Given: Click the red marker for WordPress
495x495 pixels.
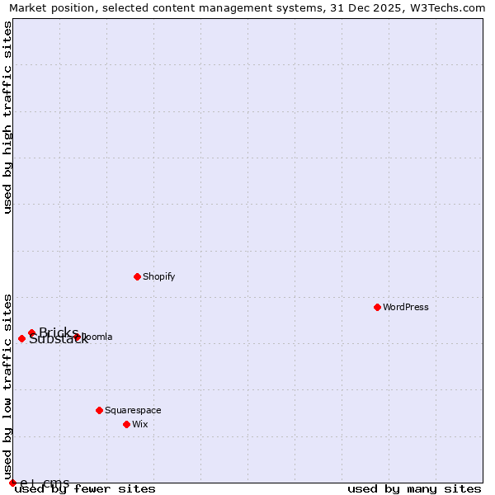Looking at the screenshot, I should [377, 307].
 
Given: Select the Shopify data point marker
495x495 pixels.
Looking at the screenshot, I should [137, 276].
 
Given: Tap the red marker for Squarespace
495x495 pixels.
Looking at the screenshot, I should [99, 410].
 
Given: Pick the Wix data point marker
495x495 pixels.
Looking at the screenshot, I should [126, 424].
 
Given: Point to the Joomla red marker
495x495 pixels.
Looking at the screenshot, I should [78, 337].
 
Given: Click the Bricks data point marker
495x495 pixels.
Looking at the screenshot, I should [31, 332].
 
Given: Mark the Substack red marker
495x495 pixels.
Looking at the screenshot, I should [21, 338].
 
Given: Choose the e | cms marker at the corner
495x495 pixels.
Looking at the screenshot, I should [12, 483].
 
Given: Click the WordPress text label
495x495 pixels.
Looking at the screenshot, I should [406, 307].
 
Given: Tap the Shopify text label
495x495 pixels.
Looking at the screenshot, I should [159, 276].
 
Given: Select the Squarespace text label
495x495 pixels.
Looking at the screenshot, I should [133, 410].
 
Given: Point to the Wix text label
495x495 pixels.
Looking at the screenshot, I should [140, 424].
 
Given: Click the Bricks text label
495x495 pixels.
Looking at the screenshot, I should [59, 332].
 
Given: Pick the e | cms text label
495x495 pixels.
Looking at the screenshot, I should [45, 483].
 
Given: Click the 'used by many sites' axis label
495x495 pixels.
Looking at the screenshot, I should [414, 489].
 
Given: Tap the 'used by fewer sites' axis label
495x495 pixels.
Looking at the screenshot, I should [86, 489].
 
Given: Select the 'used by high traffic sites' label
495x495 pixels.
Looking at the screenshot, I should [8, 117].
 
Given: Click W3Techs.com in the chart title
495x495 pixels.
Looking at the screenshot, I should [445, 8].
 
